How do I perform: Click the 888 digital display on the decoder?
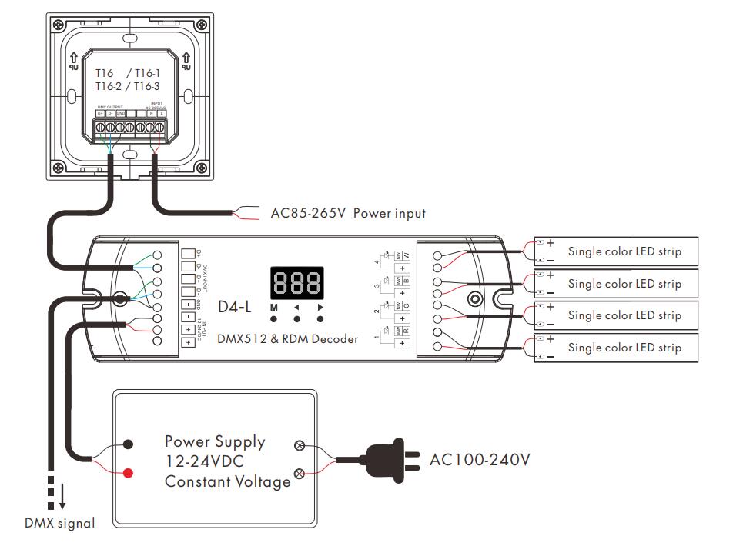coord(296,283)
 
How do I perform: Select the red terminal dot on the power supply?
coord(128,472)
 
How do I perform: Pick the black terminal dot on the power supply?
coord(128,444)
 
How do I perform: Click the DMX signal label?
coord(59,524)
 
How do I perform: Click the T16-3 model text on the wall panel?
coord(146,86)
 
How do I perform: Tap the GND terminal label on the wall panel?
coord(122,113)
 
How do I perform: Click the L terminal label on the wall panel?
coord(162,113)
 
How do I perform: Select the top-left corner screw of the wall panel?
coord(59,24)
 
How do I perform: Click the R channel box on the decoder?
coord(405,329)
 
